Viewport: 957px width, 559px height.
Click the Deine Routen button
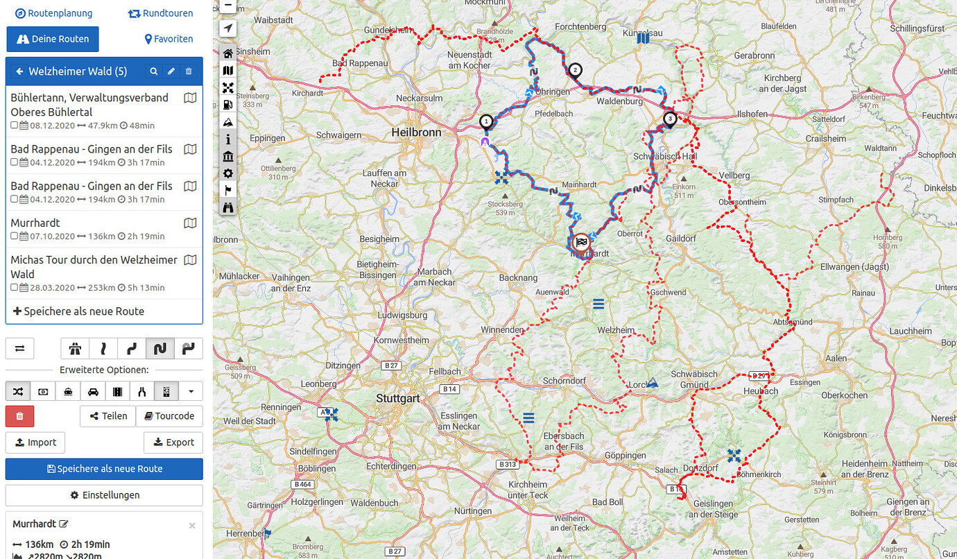(53, 40)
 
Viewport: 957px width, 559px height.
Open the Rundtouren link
(161, 13)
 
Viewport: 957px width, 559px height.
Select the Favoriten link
(169, 40)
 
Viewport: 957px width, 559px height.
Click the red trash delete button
(19, 416)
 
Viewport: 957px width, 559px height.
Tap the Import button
(35, 442)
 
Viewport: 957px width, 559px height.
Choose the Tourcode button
(169, 416)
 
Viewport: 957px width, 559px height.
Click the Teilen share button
(108, 416)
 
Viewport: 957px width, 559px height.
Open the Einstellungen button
(104, 495)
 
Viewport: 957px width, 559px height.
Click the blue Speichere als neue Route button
(104, 469)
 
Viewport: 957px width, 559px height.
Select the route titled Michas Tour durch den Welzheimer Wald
(94, 267)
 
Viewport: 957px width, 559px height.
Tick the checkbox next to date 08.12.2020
(15, 126)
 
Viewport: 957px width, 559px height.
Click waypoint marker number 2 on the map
(575, 70)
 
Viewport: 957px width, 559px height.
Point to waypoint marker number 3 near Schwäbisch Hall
(670, 119)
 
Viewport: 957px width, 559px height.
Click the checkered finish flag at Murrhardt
(582, 242)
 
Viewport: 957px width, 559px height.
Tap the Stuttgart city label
(397, 399)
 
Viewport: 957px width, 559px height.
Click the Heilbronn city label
(416, 132)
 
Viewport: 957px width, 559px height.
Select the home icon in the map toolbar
(227, 53)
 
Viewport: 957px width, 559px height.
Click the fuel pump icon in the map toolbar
(227, 105)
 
